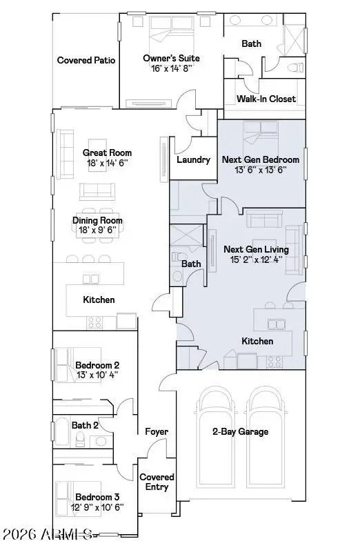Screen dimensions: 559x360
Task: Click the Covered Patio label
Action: click(x=86, y=60)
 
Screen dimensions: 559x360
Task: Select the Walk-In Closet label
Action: click(x=266, y=99)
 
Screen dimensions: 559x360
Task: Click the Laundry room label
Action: click(x=193, y=159)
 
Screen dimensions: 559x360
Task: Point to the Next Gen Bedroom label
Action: click(x=261, y=159)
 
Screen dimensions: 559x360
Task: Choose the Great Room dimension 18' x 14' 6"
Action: click(x=107, y=163)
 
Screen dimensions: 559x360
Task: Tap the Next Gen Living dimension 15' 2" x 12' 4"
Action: click(x=263, y=259)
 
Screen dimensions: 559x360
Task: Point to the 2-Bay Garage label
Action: click(x=241, y=432)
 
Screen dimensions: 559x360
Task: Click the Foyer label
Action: click(x=157, y=432)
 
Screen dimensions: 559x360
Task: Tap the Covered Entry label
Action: click(x=157, y=482)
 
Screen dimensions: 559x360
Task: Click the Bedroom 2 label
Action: click(x=97, y=365)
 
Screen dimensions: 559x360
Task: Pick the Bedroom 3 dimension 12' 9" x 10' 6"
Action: click(x=97, y=507)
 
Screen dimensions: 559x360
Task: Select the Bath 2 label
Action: click(x=86, y=425)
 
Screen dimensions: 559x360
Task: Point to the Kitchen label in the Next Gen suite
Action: click(x=257, y=341)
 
